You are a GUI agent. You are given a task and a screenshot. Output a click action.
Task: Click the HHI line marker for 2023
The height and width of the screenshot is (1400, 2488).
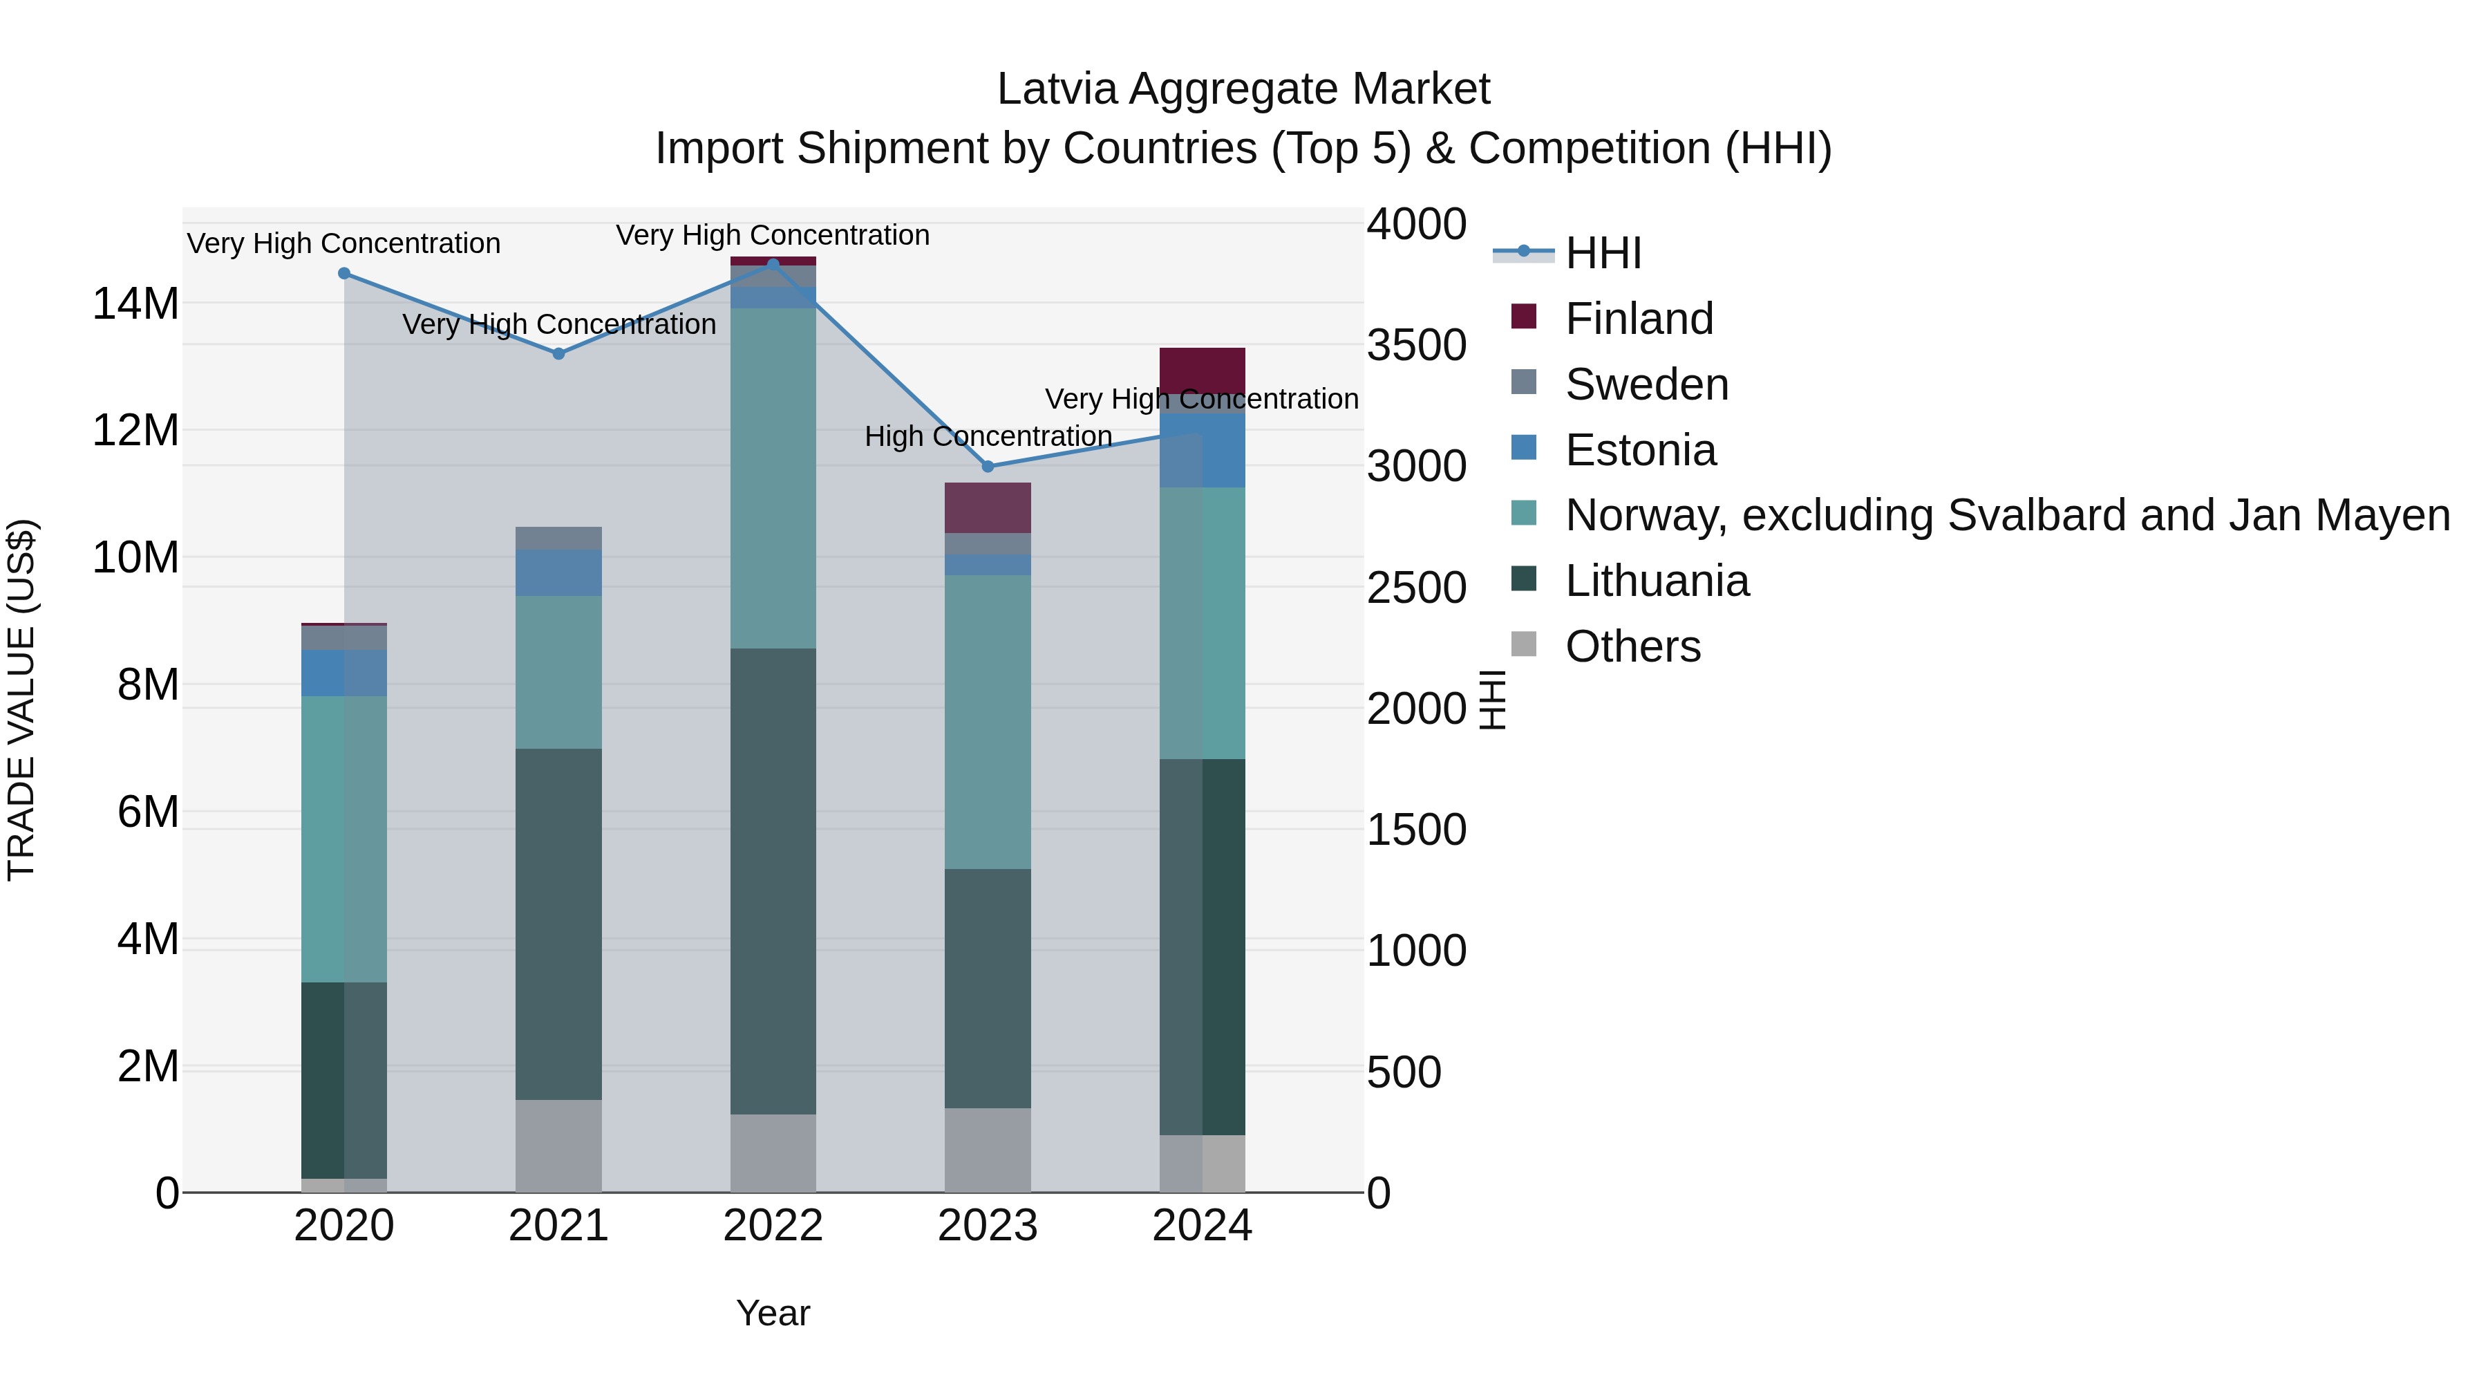(x=987, y=467)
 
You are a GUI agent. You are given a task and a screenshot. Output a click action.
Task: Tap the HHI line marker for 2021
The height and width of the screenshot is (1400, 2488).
(x=558, y=353)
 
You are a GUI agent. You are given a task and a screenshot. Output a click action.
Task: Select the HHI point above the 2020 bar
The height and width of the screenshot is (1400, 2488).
(x=344, y=273)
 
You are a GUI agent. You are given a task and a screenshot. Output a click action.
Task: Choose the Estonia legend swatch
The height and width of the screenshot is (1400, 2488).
(x=1523, y=448)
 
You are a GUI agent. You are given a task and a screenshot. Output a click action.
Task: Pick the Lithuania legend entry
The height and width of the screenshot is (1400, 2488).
(x=1657, y=581)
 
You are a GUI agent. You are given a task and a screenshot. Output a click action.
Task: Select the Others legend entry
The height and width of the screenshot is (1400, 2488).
(x=1632, y=646)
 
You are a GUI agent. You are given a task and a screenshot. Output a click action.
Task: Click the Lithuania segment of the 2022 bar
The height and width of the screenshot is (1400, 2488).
(x=773, y=879)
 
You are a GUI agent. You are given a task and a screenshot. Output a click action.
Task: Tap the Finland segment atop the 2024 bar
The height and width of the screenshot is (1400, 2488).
(x=1202, y=370)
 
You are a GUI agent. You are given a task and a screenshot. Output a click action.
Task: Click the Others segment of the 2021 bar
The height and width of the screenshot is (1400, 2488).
(x=558, y=1145)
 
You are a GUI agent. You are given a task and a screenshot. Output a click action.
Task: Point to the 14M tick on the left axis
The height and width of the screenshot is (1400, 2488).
(x=135, y=304)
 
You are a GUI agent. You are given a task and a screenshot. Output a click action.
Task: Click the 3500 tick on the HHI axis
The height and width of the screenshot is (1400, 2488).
(x=1416, y=345)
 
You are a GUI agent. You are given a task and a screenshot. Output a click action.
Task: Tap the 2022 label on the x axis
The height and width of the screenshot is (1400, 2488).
(x=773, y=1226)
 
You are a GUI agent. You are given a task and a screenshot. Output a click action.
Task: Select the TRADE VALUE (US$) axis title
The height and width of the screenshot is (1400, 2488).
(x=21, y=700)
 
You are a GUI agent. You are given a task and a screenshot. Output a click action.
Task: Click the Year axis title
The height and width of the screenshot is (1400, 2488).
(x=773, y=1313)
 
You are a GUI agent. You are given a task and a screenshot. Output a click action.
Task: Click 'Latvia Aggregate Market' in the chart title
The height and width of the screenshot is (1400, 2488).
(x=1243, y=89)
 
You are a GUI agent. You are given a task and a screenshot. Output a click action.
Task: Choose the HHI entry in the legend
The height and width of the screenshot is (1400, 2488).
(x=1603, y=253)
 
